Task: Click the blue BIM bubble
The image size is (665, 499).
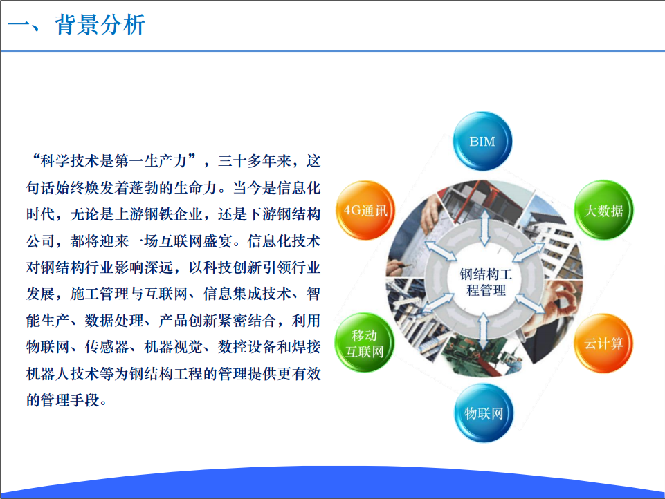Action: click(482, 141)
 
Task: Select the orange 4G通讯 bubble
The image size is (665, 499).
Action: click(365, 210)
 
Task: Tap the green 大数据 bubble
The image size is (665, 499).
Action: click(603, 210)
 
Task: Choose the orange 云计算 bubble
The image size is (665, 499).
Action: click(603, 343)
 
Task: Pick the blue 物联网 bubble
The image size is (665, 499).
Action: click(484, 413)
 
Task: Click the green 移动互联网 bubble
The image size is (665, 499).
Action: click(364, 343)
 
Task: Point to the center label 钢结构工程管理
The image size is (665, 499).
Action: click(486, 282)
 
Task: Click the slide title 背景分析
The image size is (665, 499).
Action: click(100, 25)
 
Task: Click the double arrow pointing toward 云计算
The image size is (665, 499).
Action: click(529, 303)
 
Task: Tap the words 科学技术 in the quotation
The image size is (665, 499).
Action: click(71, 161)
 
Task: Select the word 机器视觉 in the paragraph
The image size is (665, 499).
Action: click(173, 347)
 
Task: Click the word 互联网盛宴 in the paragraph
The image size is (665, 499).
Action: click(196, 241)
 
